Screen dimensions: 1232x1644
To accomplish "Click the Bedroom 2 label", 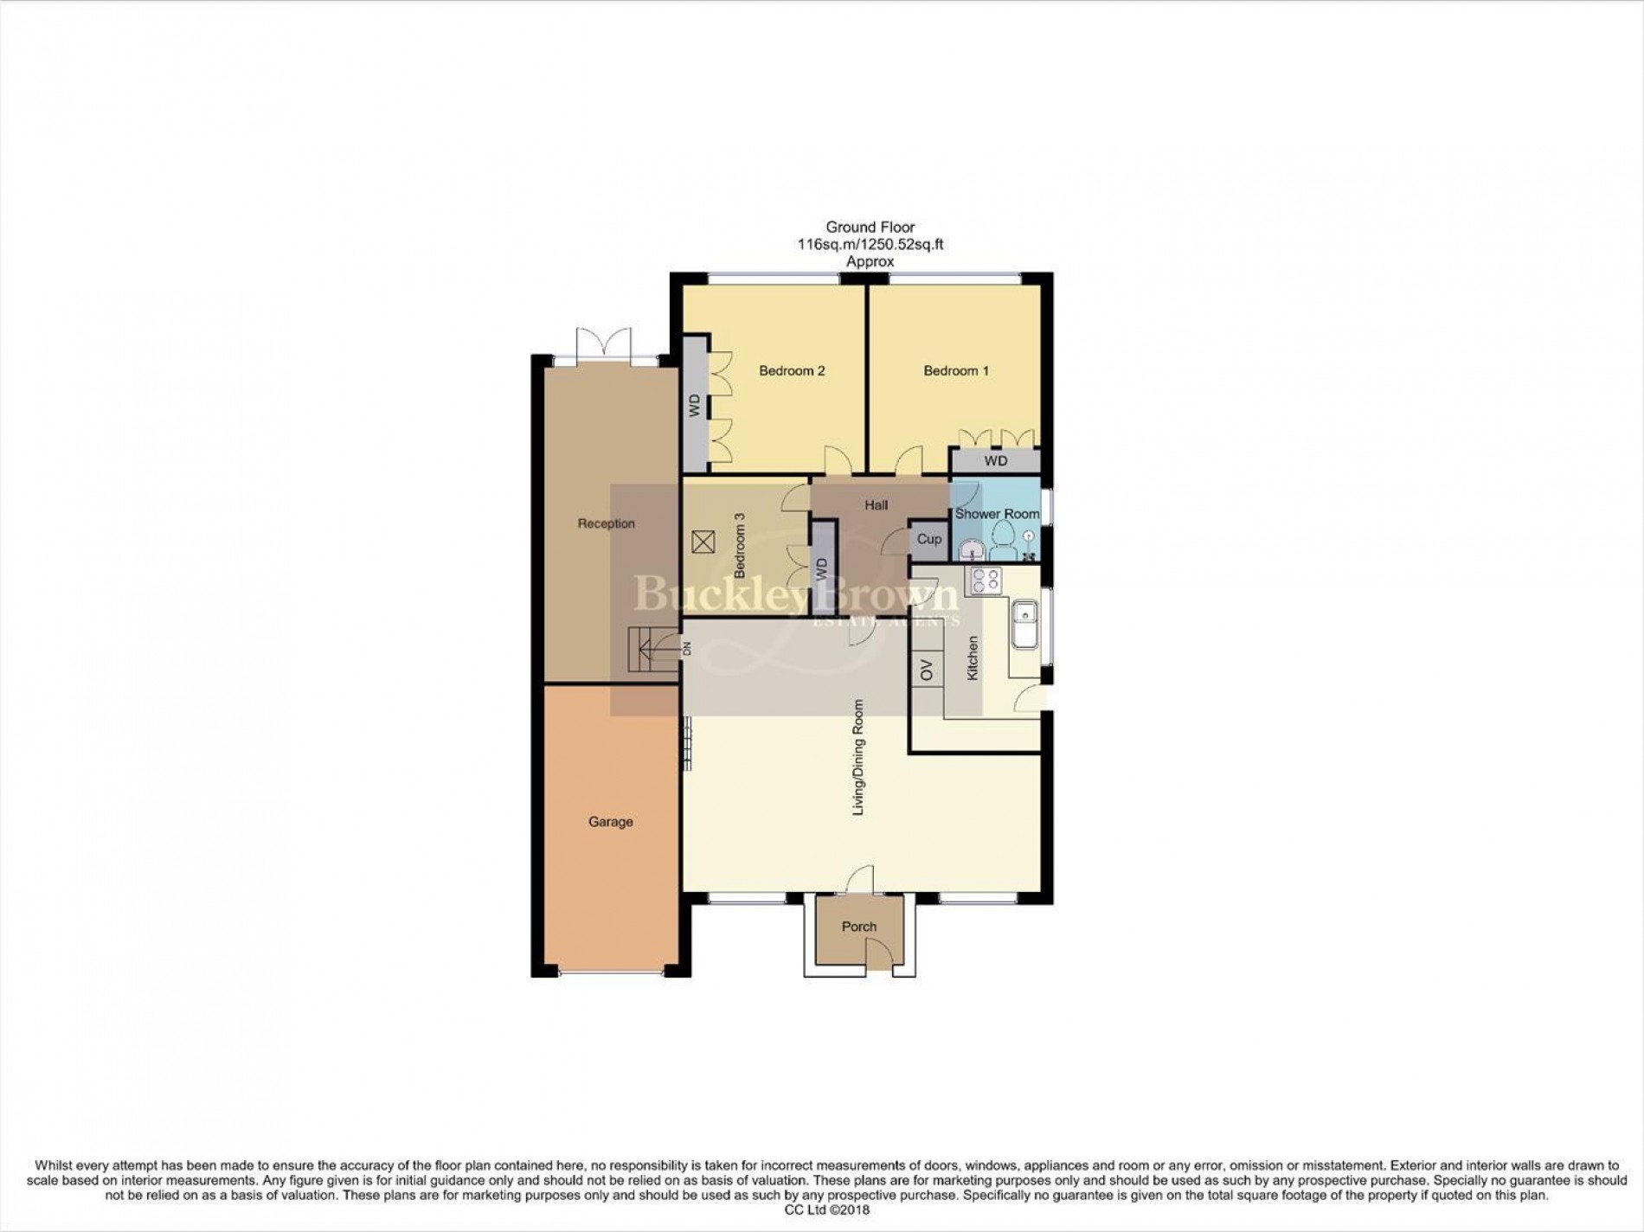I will coord(792,371).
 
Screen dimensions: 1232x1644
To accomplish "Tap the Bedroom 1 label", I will coord(956,371).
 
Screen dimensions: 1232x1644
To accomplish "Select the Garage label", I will coord(611,822).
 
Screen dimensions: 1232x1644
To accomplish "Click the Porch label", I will coord(859,927).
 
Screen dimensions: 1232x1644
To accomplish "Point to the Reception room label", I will coord(607,523).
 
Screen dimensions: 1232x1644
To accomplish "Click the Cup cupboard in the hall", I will coord(929,539).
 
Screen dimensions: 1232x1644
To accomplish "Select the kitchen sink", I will coord(1025,624).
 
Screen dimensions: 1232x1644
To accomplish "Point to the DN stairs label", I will coord(687,647).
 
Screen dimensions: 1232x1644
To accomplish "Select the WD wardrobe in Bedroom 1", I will coord(995,461).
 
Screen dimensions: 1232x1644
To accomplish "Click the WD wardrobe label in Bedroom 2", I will coord(694,407).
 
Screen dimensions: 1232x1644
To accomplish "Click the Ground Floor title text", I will coord(870,227).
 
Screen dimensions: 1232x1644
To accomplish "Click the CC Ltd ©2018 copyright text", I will coord(821,1210).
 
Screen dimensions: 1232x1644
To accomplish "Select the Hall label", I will coord(876,505).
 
